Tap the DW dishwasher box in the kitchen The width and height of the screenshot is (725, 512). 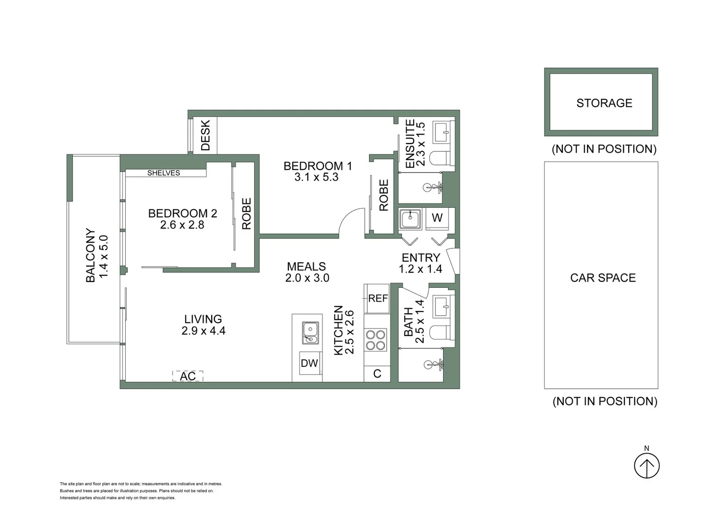(309, 364)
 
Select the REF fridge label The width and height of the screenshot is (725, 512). (378, 298)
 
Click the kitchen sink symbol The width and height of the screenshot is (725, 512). (310, 332)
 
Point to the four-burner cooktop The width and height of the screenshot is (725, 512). (375, 340)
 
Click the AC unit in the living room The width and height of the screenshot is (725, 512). (187, 376)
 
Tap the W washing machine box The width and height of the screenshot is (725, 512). (437, 218)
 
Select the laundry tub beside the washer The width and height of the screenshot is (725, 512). (410, 219)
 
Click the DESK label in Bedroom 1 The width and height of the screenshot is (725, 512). (205, 135)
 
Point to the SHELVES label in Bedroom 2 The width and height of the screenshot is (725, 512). (163, 173)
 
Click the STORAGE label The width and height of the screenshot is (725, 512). (604, 103)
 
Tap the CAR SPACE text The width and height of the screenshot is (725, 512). (603, 278)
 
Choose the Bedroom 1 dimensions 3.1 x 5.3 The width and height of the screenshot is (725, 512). (316, 177)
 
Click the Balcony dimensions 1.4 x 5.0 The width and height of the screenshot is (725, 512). (103, 256)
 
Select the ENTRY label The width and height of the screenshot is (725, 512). (420, 257)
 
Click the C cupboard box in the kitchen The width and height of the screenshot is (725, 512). (377, 374)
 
